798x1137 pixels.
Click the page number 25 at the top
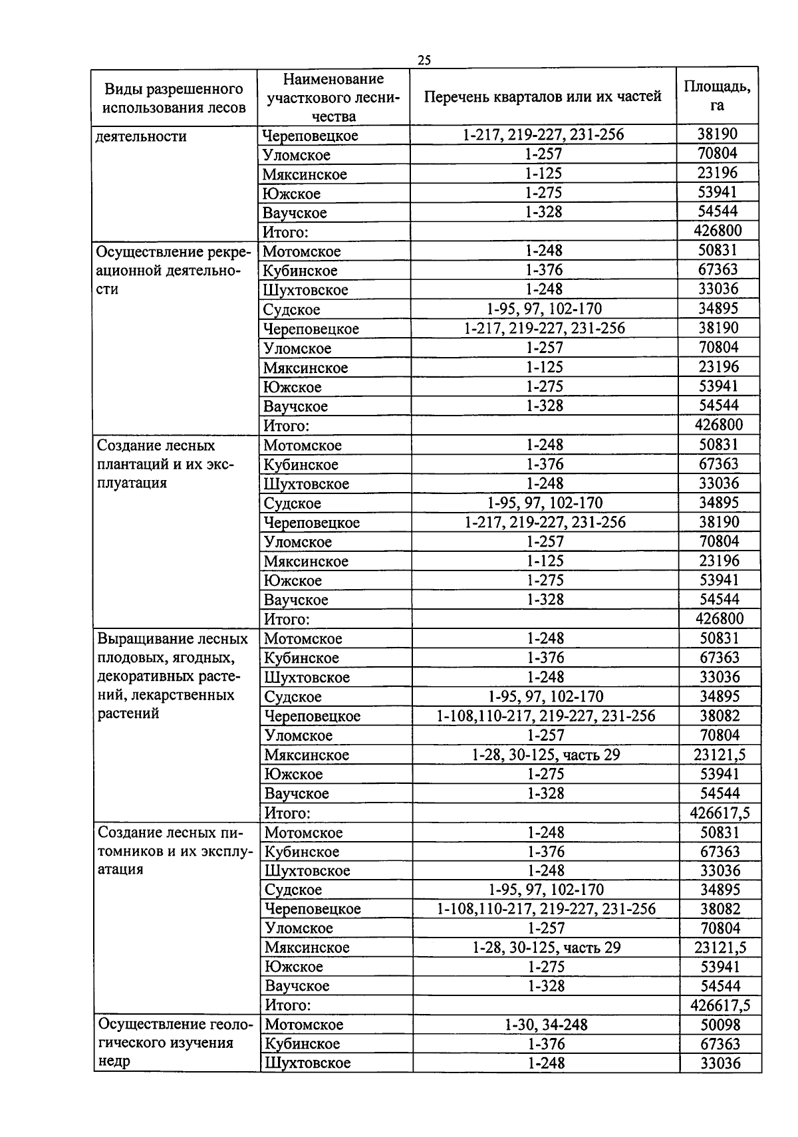pyautogui.click(x=424, y=61)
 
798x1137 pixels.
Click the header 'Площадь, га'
pyautogui.click(x=717, y=96)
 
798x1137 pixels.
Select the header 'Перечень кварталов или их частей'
pyautogui.click(x=543, y=96)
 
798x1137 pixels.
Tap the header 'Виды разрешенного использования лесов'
pyautogui.click(x=174, y=98)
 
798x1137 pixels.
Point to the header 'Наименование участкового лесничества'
pyautogui.click(x=333, y=97)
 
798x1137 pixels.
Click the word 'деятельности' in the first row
pyautogui.click(x=141, y=136)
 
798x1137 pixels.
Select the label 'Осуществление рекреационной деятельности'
pyautogui.click(x=174, y=271)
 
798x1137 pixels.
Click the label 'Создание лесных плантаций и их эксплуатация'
pyautogui.click(x=166, y=463)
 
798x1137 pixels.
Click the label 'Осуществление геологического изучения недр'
pyautogui.click(x=174, y=1042)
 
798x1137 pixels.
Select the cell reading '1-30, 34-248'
pyautogui.click(x=546, y=1025)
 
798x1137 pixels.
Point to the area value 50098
pyautogui.click(x=720, y=1025)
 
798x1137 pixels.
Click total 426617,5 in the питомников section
pyautogui.click(x=720, y=1005)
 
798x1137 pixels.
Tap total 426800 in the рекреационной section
pyautogui.click(x=718, y=424)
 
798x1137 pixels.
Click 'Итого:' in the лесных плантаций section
pyautogui.click(x=287, y=619)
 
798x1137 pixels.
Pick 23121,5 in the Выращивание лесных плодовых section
pyautogui.click(x=720, y=755)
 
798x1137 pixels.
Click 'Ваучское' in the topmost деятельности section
pyautogui.click(x=295, y=213)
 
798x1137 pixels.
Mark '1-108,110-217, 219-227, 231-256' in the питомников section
pyautogui.click(x=546, y=908)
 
